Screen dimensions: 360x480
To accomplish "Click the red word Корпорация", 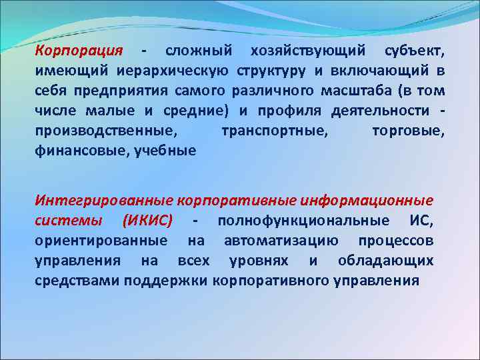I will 79,51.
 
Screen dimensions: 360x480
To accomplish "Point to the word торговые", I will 407,131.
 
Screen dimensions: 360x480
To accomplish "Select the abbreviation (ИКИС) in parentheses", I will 148,220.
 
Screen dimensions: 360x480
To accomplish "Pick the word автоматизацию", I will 281,240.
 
